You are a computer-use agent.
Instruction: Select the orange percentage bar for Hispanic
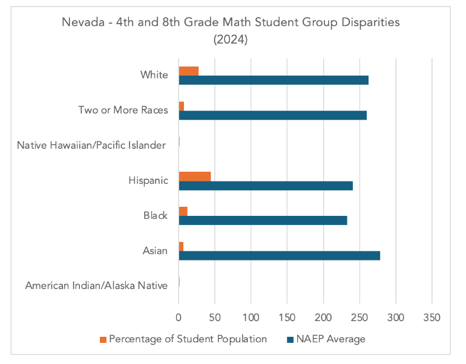pyautogui.click(x=195, y=176)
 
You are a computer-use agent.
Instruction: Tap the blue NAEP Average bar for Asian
pyautogui.click(x=279, y=256)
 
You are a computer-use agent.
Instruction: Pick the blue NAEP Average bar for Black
pyautogui.click(x=263, y=221)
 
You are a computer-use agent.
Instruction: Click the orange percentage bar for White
pyautogui.click(x=189, y=71)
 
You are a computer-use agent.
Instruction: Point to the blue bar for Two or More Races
pyautogui.click(x=272, y=115)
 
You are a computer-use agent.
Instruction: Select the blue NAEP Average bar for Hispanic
pyautogui.click(x=266, y=186)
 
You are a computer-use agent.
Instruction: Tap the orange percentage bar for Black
pyautogui.click(x=183, y=211)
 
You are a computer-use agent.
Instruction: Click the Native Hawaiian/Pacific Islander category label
pyautogui.click(x=91, y=145)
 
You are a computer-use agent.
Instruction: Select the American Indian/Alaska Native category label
pyautogui.click(x=96, y=285)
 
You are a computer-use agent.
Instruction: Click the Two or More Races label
pyautogui.click(x=123, y=110)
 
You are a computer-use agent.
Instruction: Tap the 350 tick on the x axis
pyautogui.click(x=432, y=317)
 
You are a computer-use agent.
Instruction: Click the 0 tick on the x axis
pyautogui.click(x=179, y=317)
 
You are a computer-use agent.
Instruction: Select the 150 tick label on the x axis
pyautogui.click(x=287, y=317)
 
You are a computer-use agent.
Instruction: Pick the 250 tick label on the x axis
pyautogui.click(x=359, y=317)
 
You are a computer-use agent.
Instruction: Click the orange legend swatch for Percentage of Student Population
pyautogui.click(x=102, y=339)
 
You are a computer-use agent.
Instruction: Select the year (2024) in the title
pyautogui.click(x=232, y=40)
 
